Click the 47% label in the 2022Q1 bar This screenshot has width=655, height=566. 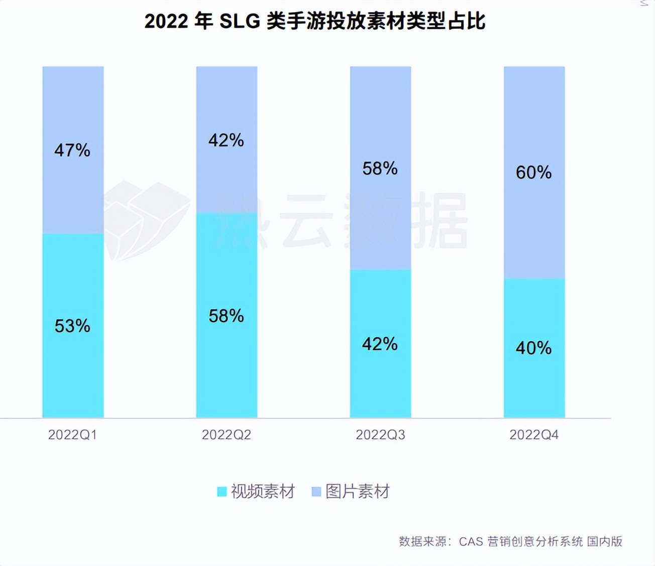tap(72, 151)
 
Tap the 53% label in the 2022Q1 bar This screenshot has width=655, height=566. tap(72, 326)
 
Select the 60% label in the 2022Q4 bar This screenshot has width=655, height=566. tap(533, 173)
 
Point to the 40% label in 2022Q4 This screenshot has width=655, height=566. tap(533, 348)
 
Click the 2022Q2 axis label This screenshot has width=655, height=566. tap(226, 435)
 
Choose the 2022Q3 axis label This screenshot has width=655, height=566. tap(380, 435)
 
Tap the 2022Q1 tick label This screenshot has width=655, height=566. tap(72, 435)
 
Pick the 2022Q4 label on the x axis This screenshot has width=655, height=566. tap(534, 435)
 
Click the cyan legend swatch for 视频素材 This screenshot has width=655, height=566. tap(222, 492)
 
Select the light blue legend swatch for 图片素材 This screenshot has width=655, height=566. tap(316, 492)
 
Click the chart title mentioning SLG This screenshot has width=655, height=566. tap(315, 22)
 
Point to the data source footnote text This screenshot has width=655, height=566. tap(510, 541)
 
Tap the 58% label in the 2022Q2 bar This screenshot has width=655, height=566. tap(226, 316)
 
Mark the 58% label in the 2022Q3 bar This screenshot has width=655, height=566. tap(380, 169)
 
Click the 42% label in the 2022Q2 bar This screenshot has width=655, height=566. tap(226, 140)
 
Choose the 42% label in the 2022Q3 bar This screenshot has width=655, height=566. tap(380, 344)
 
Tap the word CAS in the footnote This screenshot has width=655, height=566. tap(471, 541)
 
